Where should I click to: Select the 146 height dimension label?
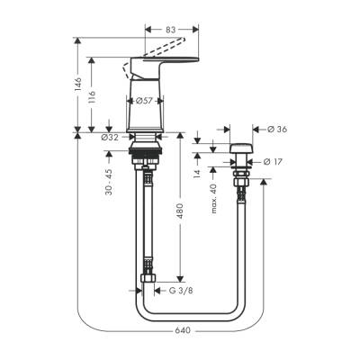point(79,85)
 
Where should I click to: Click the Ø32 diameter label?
point(111,137)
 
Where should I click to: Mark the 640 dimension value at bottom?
point(184,330)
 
